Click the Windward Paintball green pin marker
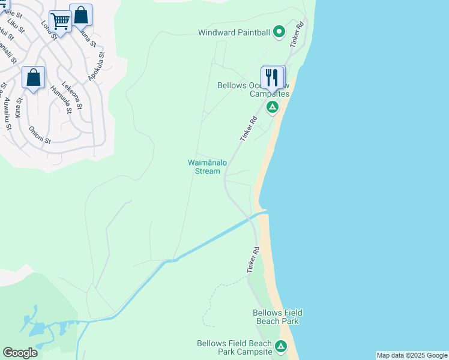coord(279,32)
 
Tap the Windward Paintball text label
coord(234,32)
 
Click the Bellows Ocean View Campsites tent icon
coord(272,107)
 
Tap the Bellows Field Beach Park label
coord(277,317)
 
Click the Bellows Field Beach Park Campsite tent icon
coord(280,346)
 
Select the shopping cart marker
coord(60,22)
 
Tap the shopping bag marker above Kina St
coord(34,77)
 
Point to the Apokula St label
coord(96,66)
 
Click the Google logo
coord(20,353)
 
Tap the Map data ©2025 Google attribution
coord(412,355)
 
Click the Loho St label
coord(48,28)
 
